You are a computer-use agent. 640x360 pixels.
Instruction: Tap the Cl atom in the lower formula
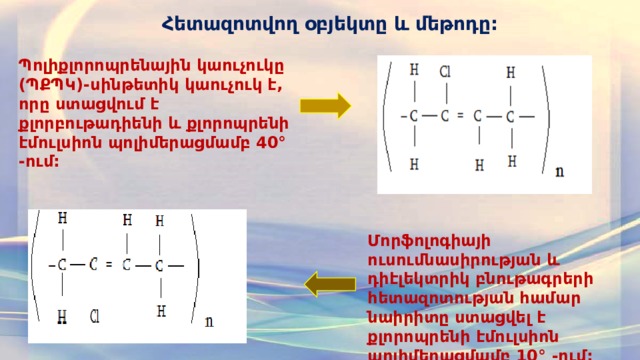click(x=96, y=317)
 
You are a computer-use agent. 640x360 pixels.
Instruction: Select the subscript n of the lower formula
click(x=208, y=321)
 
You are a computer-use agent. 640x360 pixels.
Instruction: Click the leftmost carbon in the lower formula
click(x=63, y=265)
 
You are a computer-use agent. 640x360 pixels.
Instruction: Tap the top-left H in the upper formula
click(x=414, y=71)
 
